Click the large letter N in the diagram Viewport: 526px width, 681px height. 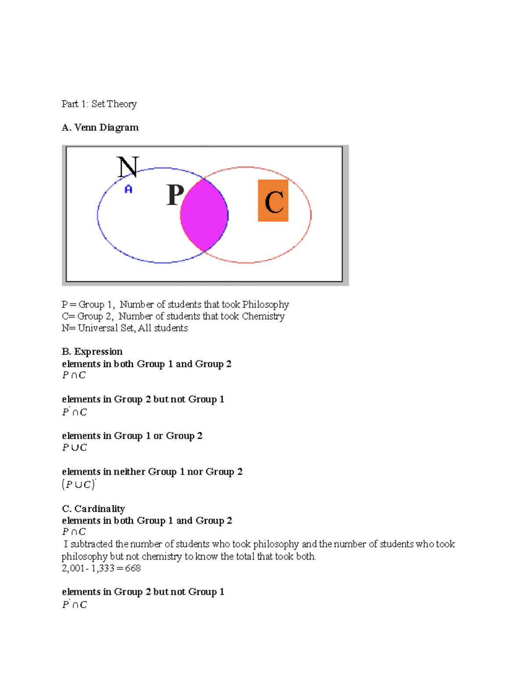point(128,167)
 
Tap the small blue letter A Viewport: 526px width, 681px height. point(128,189)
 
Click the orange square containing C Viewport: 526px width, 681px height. point(273,200)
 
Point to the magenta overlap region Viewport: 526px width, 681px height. point(204,215)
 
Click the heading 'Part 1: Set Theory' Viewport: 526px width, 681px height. point(99,104)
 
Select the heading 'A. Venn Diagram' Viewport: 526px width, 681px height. point(100,128)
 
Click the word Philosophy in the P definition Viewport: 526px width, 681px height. point(265,304)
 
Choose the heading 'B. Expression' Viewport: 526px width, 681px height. point(92,352)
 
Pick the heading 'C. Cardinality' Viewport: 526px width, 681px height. point(93,509)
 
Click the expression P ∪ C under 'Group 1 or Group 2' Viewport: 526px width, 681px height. point(75,448)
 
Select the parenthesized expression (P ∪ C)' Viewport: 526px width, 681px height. point(79,485)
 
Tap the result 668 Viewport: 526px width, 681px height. point(133,568)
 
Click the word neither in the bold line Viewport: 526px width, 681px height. point(129,472)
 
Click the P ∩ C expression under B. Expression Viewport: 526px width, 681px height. point(74,375)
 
